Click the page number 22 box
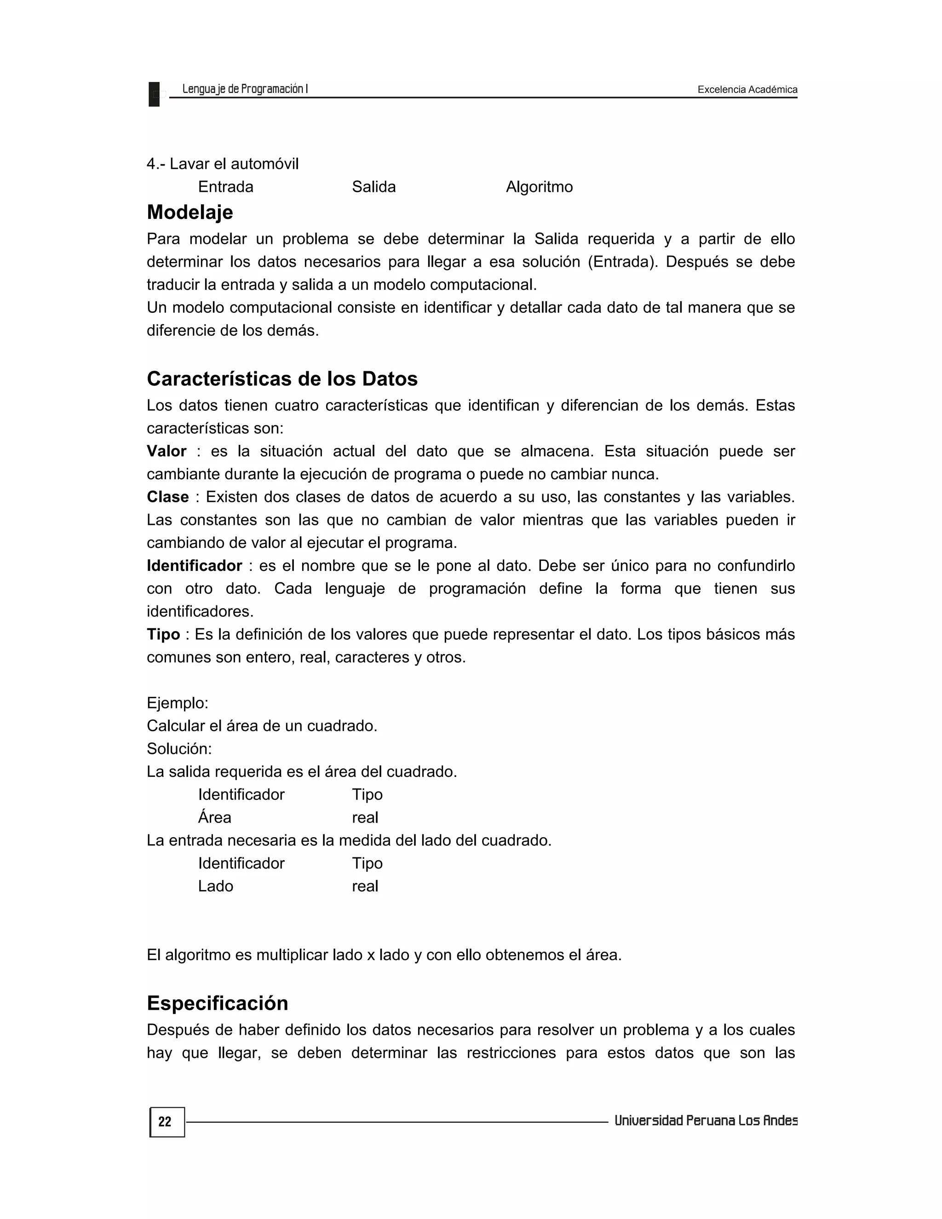click(x=167, y=1122)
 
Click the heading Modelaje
click(x=190, y=213)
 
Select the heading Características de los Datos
click(x=282, y=379)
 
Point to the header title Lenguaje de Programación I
click(x=245, y=89)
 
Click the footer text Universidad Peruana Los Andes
click(x=706, y=1121)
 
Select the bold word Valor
click(x=167, y=451)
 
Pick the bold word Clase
click(x=167, y=497)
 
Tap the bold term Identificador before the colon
click(x=194, y=565)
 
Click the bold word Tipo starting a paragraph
click(x=163, y=634)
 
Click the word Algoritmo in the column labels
click(x=539, y=187)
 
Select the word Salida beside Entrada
click(x=373, y=187)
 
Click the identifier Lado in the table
click(x=215, y=886)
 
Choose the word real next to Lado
click(x=365, y=886)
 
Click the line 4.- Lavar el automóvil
click(x=223, y=164)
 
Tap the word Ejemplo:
click(x=178, y=703)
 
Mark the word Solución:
click(x=179, y=748)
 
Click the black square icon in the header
click(x=154, y=94)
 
